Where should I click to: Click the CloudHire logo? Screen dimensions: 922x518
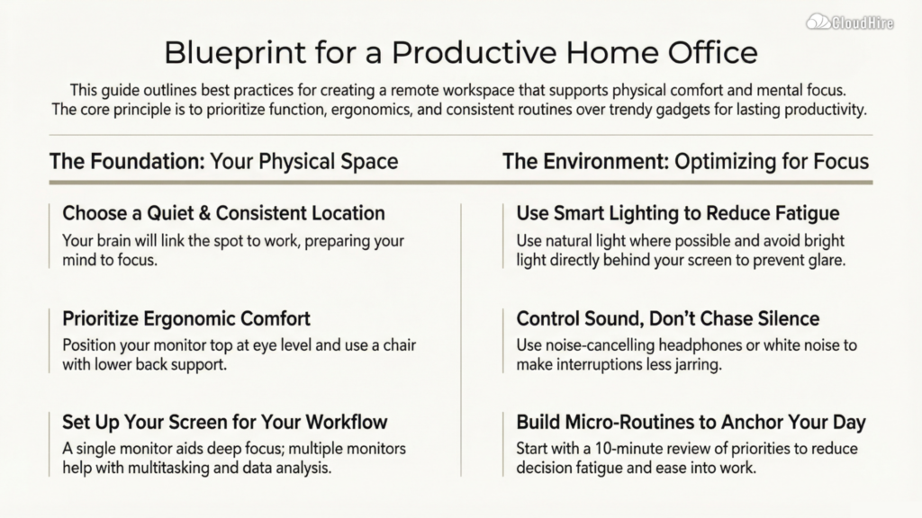point(850,22)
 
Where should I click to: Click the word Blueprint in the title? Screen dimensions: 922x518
point(235,53)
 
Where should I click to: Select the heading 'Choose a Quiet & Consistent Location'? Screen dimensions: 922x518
point(223,212)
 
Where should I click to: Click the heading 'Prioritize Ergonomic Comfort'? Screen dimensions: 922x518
point(185,318)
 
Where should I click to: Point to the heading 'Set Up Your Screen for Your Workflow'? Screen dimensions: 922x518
point(224,422)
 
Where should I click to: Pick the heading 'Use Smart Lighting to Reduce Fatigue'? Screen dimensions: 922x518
point(677,212)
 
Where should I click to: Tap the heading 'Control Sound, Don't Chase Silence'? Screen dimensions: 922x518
point(667,318)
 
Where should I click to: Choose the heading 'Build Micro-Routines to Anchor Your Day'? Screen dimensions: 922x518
point(691,422)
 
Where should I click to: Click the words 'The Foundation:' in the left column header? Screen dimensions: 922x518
point(127,161)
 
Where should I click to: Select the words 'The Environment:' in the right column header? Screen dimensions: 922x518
point(585,161)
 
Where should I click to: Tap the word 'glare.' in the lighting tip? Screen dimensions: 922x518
point(827,260)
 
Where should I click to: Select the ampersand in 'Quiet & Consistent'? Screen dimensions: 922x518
point(204,212)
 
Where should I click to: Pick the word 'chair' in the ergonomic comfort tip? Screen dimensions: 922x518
point(400,344)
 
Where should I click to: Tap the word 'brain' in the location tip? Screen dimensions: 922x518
point(111,241)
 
